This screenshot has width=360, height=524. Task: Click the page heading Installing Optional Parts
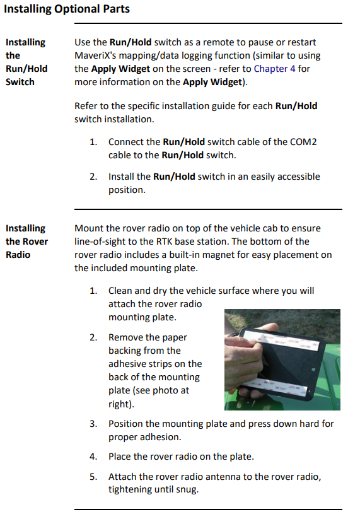click(67, 9)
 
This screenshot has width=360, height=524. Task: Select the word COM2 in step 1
click(303, 141)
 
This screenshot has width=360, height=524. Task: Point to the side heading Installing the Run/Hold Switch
click(26, 62)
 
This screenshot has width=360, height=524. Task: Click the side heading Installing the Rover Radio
click(26, 242)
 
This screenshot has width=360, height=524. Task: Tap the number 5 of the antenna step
click(93, 476)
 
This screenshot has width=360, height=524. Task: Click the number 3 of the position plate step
click(93, 424)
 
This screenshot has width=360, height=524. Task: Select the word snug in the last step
click(187, 489)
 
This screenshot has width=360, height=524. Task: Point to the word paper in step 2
click(175, 337)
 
